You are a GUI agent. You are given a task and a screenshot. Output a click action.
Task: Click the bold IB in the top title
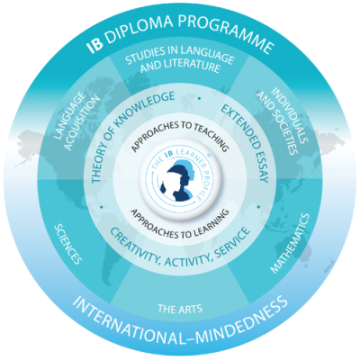tap(94, 46)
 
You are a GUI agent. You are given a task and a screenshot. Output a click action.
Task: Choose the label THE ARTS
tap(180, 309)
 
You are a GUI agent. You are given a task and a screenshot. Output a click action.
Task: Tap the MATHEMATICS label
tap(290, 243)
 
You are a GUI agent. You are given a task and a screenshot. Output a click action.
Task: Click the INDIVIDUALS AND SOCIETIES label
tap(283, 121)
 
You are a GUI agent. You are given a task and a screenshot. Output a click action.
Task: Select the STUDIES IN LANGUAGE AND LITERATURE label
tap(180, 59)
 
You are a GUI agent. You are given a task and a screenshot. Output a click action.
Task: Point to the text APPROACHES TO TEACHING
tap(180, 134)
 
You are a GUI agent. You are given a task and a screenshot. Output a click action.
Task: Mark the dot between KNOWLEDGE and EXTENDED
tap(199, 98)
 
